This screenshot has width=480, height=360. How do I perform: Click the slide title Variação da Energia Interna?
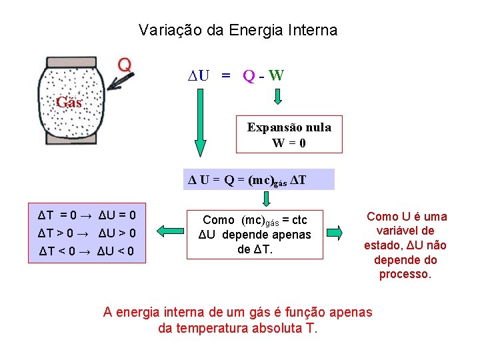pyautogui.click(x=238, y=30)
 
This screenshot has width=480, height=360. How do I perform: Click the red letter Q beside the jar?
pyautogui.click(x=125, y=65)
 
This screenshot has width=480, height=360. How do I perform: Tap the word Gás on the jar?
pyautogui.click(x=69, y=102)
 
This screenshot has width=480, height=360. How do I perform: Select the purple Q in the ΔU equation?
pyautogui.click(x=249, y=75)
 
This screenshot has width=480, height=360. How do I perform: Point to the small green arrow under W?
pyautogui.click(x=279, y=98)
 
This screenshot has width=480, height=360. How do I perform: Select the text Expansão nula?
pyautogui.click(x=289, y=127)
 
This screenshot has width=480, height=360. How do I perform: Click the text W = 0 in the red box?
pyautogui.click(x=289, y=143)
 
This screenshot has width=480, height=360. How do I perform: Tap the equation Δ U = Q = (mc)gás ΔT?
pyautogui.click(x=258, y=180)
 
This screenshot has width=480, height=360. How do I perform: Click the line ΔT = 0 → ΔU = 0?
pyautogui.click(x=87, y=215)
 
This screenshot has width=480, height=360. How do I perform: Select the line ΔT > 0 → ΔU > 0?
pyautogui.click(x=87, y=233)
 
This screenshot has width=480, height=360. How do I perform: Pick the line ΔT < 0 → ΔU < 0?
pyautogui.click(x=87, y=251)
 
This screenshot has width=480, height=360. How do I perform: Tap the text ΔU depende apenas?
pyautogui.click(x=255, y=234)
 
